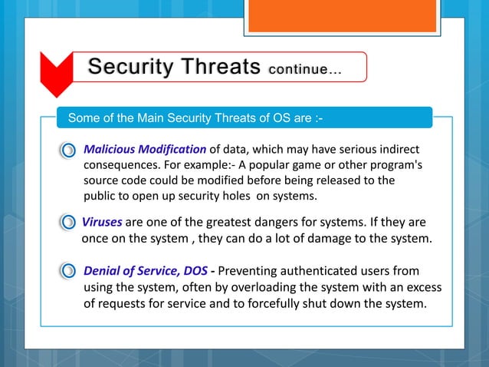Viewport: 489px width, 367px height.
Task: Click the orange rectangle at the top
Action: (x=343, y=16)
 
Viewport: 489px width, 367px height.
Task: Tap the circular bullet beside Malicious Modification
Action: (x=69, y=149)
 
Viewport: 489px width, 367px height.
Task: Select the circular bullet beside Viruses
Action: (x=69, y=223)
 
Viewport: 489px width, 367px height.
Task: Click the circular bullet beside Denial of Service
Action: (x=69, y=271)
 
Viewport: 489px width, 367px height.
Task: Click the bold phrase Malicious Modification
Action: (x=144, y=148)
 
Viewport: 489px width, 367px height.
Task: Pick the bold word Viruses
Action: (x=102, y=223)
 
